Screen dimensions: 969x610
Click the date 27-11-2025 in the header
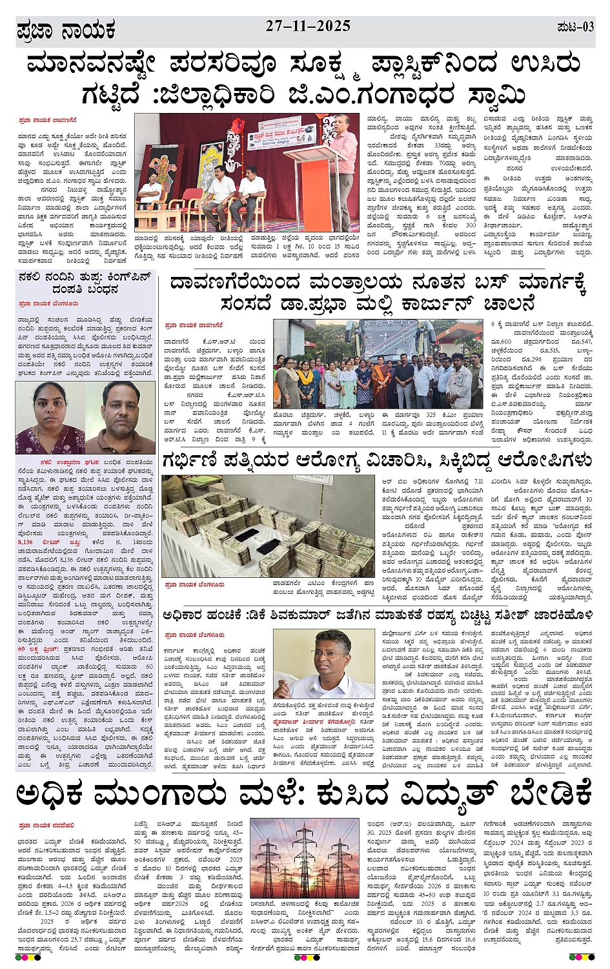308,26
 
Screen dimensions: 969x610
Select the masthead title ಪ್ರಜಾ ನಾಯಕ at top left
66,30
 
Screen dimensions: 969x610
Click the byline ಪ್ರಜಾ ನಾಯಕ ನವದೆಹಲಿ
46,825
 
